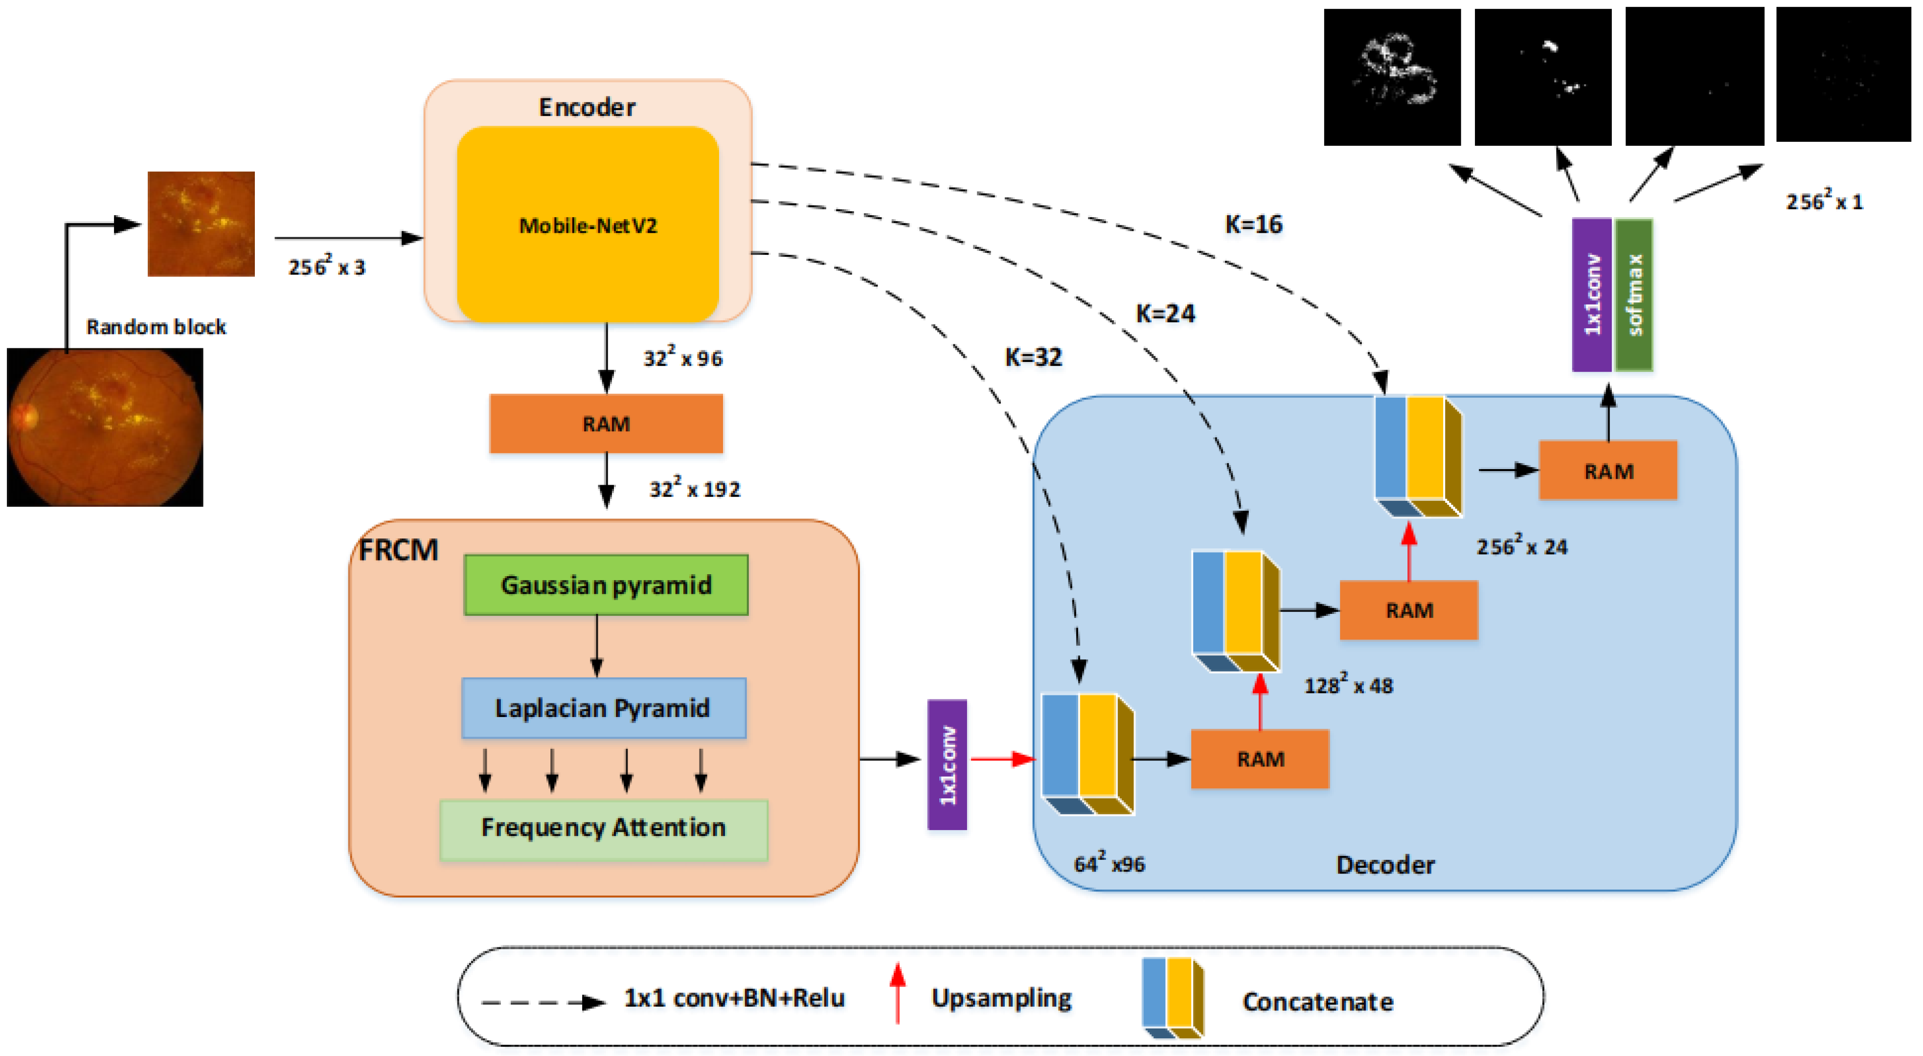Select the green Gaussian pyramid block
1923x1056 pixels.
606,584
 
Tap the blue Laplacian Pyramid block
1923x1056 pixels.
603,707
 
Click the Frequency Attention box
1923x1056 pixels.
603,829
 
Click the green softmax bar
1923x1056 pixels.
1633,295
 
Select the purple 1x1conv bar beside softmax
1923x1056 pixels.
1591,295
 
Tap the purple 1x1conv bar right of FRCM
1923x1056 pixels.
947,764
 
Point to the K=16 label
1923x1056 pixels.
1253,224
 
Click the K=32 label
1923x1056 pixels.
1033,357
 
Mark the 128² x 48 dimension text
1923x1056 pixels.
1348,685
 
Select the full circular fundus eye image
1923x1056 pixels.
105,427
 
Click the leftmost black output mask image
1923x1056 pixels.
1391,77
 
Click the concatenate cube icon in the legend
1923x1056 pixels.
1172,998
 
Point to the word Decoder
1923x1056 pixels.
1385,864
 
